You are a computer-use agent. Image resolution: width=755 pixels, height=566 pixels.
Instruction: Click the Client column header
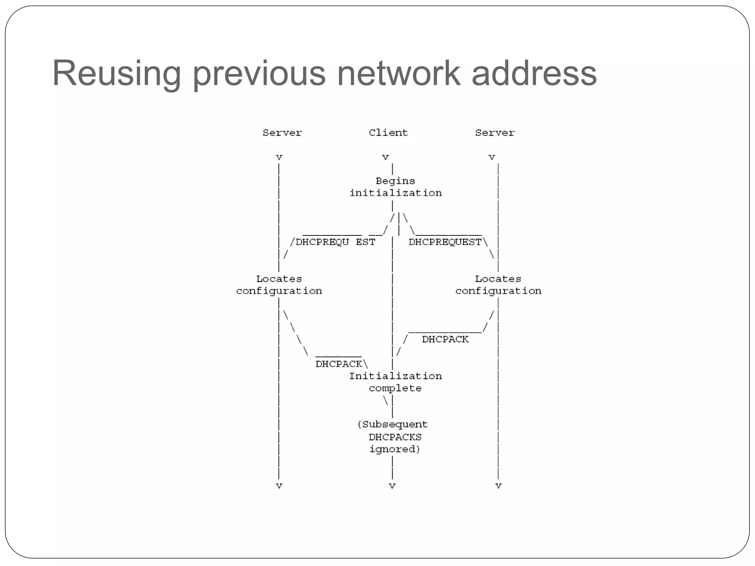pyautogui.click(x=388, y=133)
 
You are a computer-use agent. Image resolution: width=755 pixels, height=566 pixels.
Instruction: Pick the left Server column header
pyautogui.click(x=282, y=133)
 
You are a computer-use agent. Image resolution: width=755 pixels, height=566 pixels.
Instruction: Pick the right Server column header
pyautogui.click(x=494, y=133)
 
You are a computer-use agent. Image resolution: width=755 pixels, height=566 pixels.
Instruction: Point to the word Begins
pyautogui.click(x=395, y=181)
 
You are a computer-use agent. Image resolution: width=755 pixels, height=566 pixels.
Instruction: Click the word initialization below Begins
pyautogui.click(x=396, y=193)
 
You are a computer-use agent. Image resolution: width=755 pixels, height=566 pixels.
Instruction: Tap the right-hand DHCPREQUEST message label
pyautogui.click(x=445, y=242)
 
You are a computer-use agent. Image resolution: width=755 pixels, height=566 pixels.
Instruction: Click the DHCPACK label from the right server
pyautogui.click(x=445, y=339)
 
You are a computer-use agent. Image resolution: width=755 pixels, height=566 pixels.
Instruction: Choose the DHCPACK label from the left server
pyautogui.click(x=339, y=364)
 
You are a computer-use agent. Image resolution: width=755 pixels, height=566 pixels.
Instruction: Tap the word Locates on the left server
pyautogui.click(x=279, y=279)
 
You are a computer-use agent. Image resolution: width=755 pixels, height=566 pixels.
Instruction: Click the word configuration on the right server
pyautogui.click(x=498, y=291)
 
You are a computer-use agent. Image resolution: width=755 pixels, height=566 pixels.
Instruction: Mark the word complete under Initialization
pyautogui.click(x=395, y=388)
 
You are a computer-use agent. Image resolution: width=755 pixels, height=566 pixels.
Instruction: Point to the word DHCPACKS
pyautogui.click(x=395, y=437)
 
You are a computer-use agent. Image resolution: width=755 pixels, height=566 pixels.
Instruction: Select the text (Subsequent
pyautogui.click(x=393, y=424)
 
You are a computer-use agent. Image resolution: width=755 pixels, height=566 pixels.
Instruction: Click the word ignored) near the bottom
pyautogui.click(x=395, y=450)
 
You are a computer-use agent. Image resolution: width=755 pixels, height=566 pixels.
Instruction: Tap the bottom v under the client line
pyautogui.click(x=392, y=486)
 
